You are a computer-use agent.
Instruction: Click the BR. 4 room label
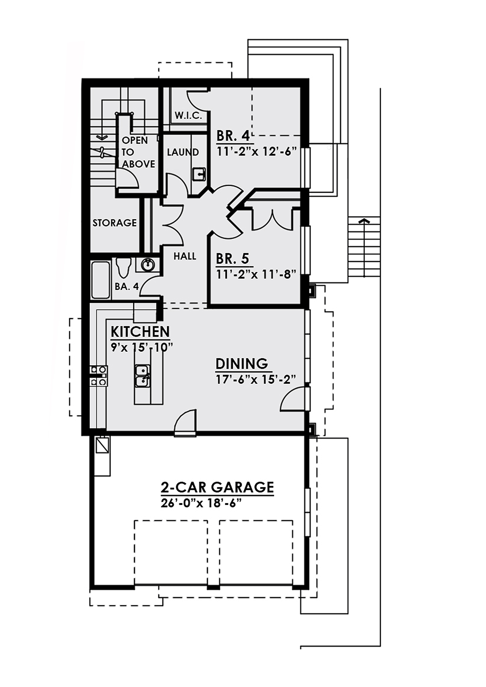(x=235, y=135)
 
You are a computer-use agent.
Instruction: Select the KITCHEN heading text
(x=140, y=332)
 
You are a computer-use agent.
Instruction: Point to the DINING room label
(x=242, y=364)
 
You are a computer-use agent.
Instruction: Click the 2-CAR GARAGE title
(x=217, y=487)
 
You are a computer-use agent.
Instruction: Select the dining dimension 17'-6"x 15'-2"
(x=256, y=380)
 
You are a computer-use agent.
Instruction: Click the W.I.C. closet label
(x=188, y=116)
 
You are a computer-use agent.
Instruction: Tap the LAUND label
(x=183, y=152)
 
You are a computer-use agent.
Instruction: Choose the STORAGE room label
(x=115, y=223)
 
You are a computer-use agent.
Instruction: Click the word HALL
(x=185, y=256)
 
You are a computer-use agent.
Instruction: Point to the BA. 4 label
(x=127, y=286)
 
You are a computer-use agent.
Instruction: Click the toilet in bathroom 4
(x=124, y=267)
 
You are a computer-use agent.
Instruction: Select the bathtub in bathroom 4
(x=100, y=279)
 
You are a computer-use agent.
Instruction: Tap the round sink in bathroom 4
(x=148, y=264)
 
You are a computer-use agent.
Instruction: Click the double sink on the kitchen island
(x=143, y=376)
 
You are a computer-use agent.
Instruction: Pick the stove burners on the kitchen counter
(x=98, y=376)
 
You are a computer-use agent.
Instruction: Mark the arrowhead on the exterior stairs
(x=364, y=221)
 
